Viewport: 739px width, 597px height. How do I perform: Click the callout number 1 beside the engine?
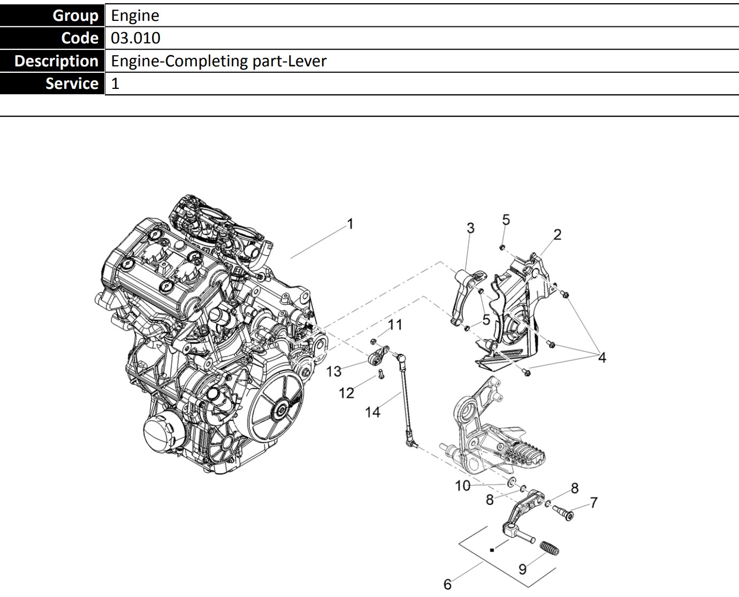(x=350, y=224)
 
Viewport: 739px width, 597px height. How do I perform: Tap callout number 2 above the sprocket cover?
(x=557, y=235)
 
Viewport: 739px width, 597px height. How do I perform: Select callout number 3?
(x=470, y=228)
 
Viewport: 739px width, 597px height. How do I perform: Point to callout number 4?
(x=602, y=358)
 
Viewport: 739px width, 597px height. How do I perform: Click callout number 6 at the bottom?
(x=447, y=584)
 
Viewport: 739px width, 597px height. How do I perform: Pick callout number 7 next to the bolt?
(x=593, y=503)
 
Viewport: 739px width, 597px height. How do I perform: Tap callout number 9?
(x=522, y=569)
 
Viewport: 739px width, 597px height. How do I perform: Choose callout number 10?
(x=462, y=486)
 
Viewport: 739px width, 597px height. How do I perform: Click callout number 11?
(x=395, y=324)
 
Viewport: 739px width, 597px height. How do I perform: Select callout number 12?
(x=346, y=394)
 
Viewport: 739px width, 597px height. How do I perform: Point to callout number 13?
(x=334, y=371)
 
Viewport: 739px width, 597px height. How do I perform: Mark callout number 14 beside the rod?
(x=372, y=412)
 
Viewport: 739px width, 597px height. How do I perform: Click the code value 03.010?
(x=135, y=39)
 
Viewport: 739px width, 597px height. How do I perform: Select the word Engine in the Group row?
(x=135, y=16)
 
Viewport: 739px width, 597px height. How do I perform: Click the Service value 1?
(x=115, y=84)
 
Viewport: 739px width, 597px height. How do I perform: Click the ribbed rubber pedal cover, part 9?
(x=548, y=548)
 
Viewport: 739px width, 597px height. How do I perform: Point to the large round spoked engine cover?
(x=277, y=409)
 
